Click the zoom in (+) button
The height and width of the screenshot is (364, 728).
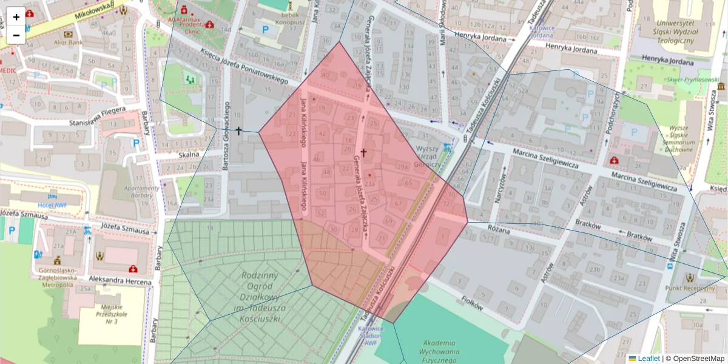point(16,17)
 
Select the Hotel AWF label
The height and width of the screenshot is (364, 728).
point(52,205)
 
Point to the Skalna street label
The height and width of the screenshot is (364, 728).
point(188,154)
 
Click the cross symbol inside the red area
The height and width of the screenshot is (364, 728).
point(363,153)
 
